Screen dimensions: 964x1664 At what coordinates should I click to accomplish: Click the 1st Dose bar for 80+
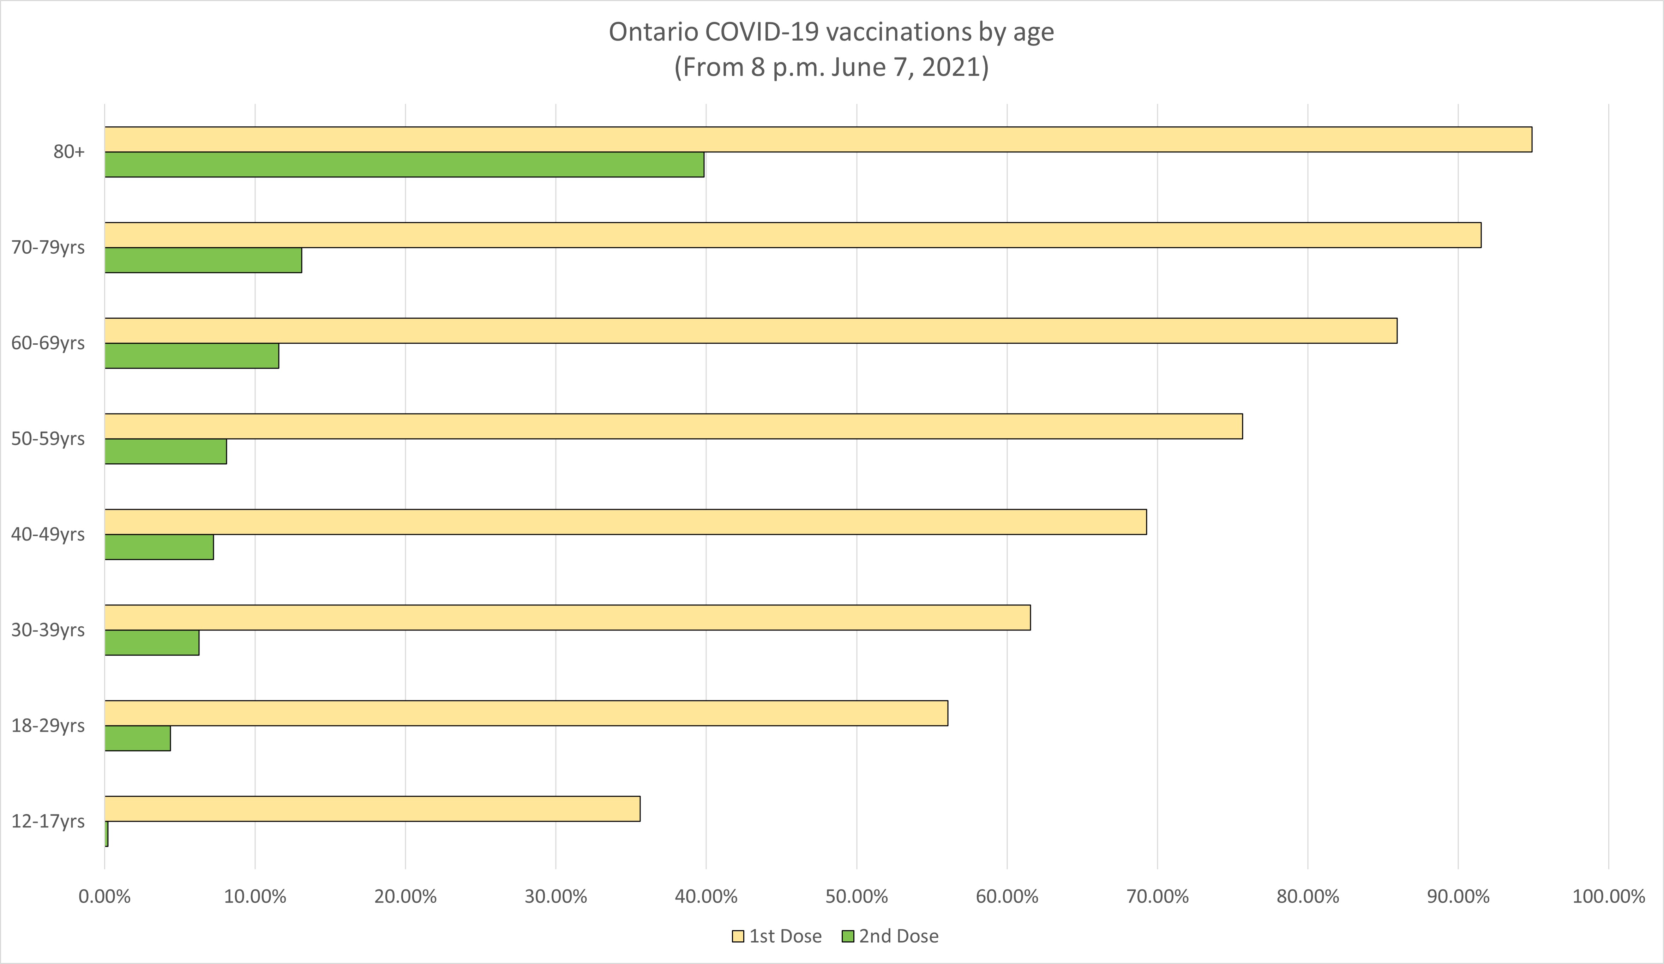(x=817, y=139)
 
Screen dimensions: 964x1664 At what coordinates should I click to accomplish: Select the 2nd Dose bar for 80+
(x=404, y=164)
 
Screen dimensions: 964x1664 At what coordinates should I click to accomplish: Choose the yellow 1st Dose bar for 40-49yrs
(x=625, y=522)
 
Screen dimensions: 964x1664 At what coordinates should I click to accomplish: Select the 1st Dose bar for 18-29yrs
(x=525, y=713)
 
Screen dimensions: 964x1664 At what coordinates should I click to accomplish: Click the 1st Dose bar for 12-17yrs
(x=372, y=809)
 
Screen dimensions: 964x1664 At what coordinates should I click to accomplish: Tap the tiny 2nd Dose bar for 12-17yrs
(x=106, y=834)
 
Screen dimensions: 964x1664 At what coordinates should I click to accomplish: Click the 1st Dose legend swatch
(x=738, y=936)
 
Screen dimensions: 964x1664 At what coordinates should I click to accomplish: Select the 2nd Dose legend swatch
(x=848, y=936)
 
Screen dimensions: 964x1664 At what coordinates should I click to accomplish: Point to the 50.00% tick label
(x=857, y=897)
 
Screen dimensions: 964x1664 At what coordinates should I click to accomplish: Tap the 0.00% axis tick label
(x=104, y=897)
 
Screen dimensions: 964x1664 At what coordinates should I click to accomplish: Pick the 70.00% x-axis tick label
(x=1158, y=897)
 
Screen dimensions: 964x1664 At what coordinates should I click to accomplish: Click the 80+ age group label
(x=69, y=152)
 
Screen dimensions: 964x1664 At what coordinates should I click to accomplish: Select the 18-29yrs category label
(x=48, y=725)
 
